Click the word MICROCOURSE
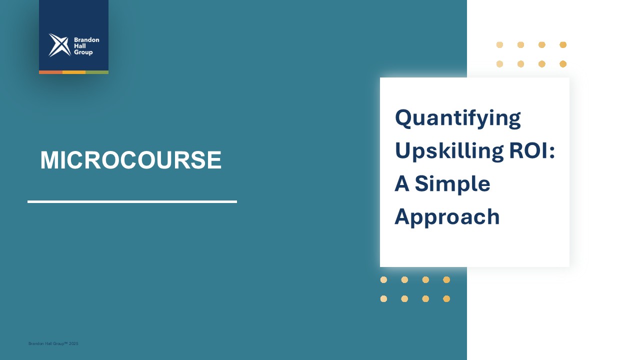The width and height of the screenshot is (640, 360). pos(131,159)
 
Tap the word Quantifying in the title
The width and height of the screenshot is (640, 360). pos(457,118)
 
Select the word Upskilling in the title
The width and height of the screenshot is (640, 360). pos(449,151)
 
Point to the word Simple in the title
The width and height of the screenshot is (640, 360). pos(452,185)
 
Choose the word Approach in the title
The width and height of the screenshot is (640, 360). pos(447,217)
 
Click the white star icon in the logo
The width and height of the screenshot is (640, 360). pos(59,45)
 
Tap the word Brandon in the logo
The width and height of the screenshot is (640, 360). pos(86,39)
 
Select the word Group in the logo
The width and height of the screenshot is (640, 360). pos(83,52)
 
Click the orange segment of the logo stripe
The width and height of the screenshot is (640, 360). pos(50,72)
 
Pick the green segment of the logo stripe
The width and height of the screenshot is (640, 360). pos(97,72)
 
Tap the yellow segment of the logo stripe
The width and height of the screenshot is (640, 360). pos(73,72)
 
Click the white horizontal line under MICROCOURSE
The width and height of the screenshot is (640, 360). pos(132,201)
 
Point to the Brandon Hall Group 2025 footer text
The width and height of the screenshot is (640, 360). pos(53,343)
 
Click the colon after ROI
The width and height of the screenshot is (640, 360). pos(551,151)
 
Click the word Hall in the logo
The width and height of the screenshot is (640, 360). pos(79,45)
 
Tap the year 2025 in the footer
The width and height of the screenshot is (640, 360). pos(73,343)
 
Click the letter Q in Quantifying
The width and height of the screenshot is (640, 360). pos(403,118)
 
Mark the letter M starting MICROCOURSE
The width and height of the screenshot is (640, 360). pos(49,159)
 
